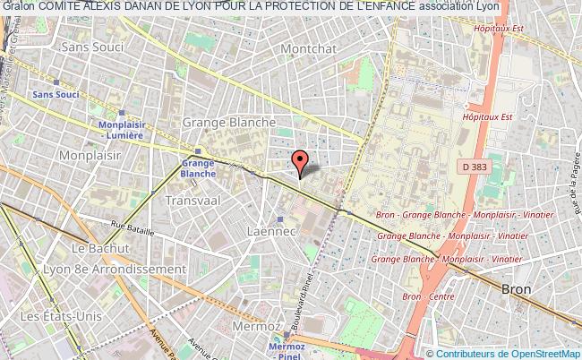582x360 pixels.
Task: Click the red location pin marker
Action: (301, 161)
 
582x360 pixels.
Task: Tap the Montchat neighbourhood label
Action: (307, 47)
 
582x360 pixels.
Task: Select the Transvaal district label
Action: (193, 201)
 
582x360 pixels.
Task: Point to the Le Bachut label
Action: (92, 249)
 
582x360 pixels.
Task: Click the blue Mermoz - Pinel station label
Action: (288, 347)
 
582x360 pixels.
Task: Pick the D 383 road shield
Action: (480, 167)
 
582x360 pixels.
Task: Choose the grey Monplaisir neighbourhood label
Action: (36, 154)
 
